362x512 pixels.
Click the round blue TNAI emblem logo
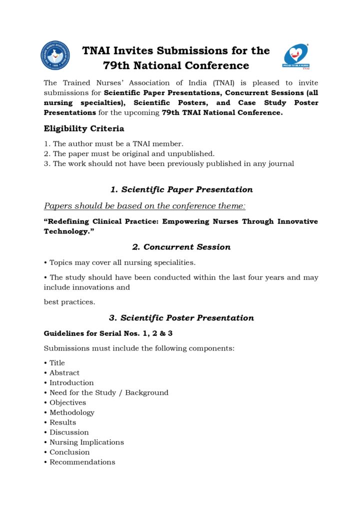pyautogui.click(x=55, y=55)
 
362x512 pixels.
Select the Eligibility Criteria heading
pyautogui.click(x=84, y=128)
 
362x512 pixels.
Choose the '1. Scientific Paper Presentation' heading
pyautogui.click(x=181, y=189)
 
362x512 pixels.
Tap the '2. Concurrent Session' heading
pyautogui.click(x=181, y=247)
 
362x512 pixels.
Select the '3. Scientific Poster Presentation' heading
pyautogui.click(x=181, y=318)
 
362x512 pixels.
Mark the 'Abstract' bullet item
pyautogui.click(x=64, y=372)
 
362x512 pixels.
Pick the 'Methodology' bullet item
pyautogui.click(x=71, y=412)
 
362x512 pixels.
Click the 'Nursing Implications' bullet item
pyautogui.click(x=86, y=442)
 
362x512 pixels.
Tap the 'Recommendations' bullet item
pyautogui.click(x=82, y=462)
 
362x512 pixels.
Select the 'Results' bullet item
pyautogui.click(x=62, y=422)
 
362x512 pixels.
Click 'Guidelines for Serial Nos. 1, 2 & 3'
pyautogui.click(x=108, y=333)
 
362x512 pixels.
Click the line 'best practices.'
pyautogui.click(x=69, y=302)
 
